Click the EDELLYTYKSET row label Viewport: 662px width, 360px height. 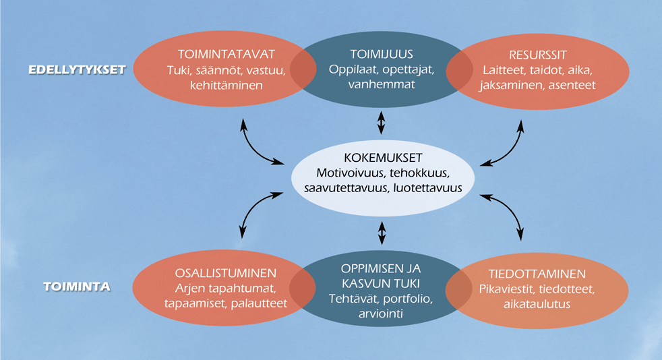77,69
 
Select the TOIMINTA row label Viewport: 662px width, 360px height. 77,287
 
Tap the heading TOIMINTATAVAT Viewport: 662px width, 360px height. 227,55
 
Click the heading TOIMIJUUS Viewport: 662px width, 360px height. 382,54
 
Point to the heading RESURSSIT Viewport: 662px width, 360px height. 537,55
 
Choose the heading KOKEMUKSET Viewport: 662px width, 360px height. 383,158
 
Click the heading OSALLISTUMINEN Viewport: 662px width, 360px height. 226,273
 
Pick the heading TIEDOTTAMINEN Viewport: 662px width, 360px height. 537,274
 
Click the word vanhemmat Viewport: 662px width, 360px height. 382,84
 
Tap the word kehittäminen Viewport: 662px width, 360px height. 227,85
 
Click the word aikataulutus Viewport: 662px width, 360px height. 537,304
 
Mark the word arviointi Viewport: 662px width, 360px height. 381,314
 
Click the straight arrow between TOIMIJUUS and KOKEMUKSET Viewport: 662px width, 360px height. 382,123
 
